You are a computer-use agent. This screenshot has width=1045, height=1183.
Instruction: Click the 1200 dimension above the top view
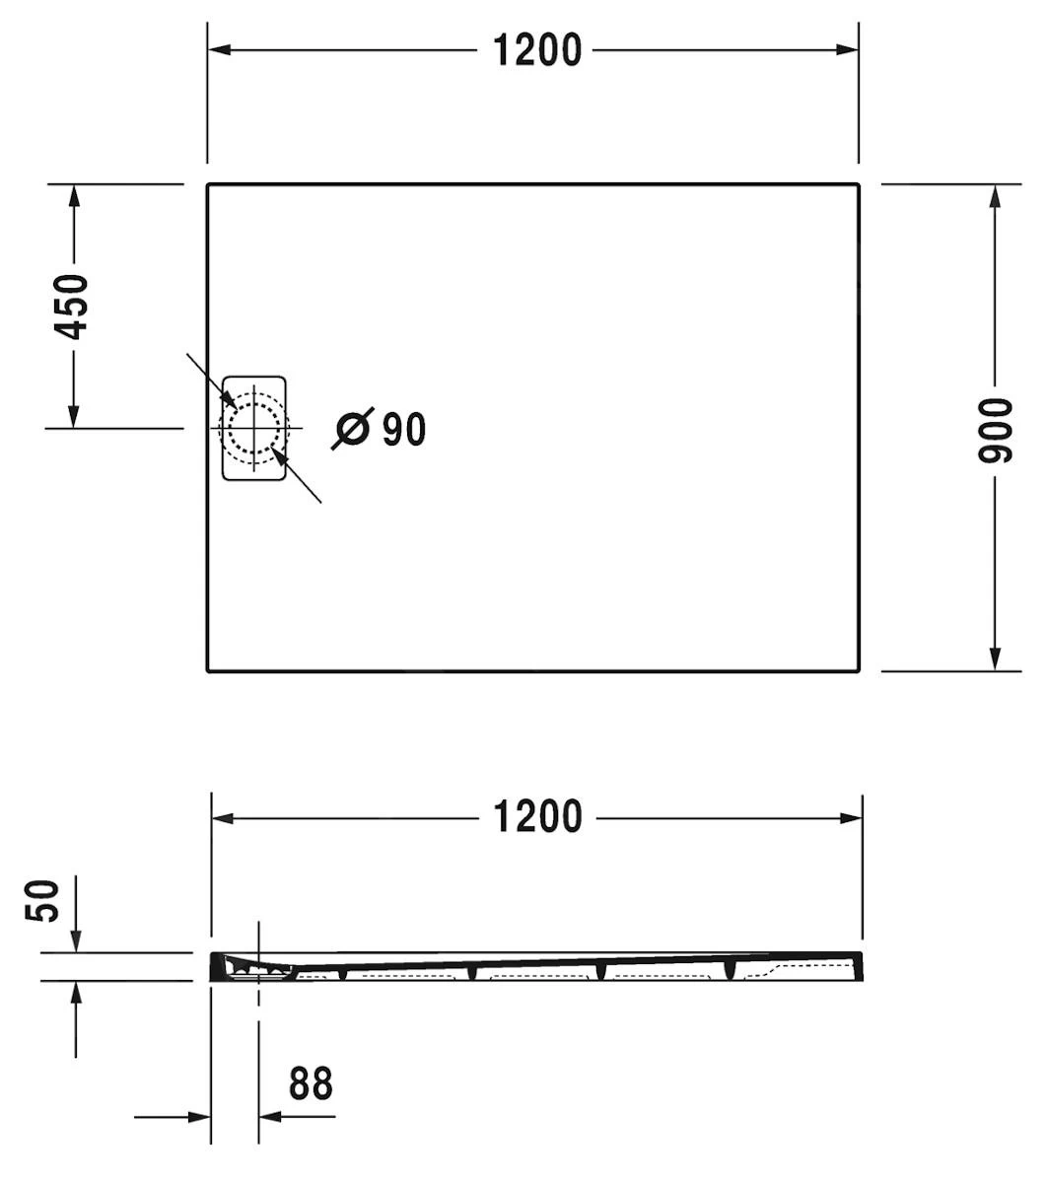pyautogui.click(x=537, y=49)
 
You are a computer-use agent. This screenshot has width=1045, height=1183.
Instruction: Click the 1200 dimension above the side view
pyautogui.click(x=538, y=816)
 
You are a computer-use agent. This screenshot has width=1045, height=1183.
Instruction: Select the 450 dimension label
pyautogui.click(x=71, y=307)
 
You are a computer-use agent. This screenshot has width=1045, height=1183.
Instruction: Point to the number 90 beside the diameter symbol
pyautogui.click(x=403, y=429)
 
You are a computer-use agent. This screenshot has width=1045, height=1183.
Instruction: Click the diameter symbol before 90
pyautogui.click(x=353, y=429)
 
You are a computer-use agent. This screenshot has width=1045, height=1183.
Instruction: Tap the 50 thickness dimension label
pyautogui.click(x=42, y=901)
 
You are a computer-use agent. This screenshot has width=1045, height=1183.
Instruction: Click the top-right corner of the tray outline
pyautogui.click(x=858, y=184)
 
